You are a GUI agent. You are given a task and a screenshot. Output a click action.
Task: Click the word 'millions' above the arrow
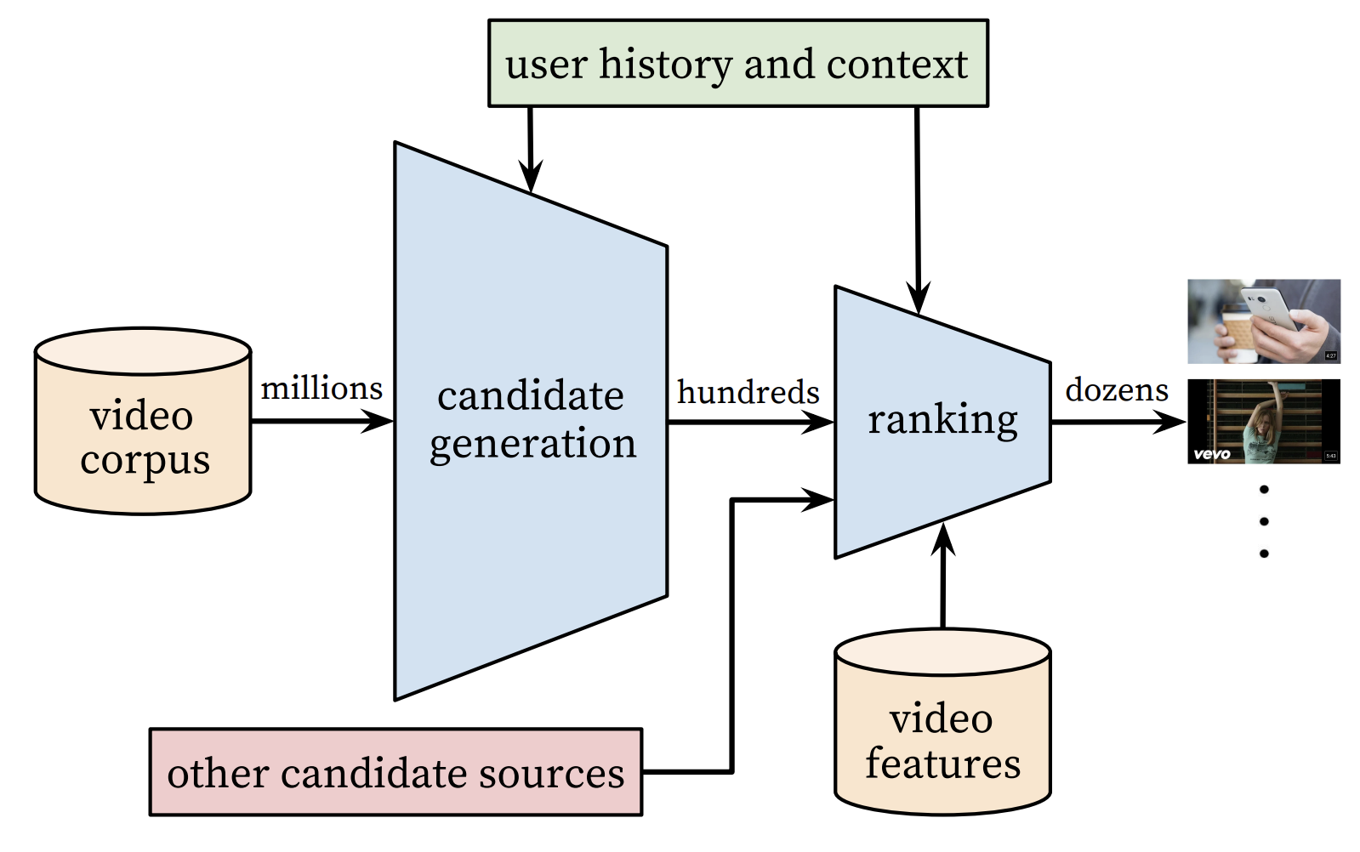pyautogui.click(x=322, y=389)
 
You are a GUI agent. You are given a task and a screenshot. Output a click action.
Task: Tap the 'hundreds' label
pyautogui.click(x=748, y=392)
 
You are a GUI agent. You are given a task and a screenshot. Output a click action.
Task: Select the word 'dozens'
pyautogui.click(x=1117, y=389)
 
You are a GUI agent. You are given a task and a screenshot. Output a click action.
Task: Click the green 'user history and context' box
pyautogui.click(x=738, y=63)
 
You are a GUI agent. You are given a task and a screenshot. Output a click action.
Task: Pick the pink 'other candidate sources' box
pyautogui.click(x=395, y=772)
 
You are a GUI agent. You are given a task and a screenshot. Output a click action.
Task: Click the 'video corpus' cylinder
pyautogui.click(x=143, y=421)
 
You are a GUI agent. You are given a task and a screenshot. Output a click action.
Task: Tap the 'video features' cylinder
pyautogui.click(x=943, y=722)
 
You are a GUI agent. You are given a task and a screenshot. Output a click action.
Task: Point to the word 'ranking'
pyautogui.click(x=943, y=420)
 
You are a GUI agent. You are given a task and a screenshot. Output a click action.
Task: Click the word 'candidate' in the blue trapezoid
pyautogui.click(x=531, y=395)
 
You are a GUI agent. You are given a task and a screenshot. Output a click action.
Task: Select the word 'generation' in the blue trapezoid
pyautogui.click(x=533, y=444)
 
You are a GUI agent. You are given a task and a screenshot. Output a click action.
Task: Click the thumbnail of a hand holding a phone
pyautogui.click(x=1264, y=321)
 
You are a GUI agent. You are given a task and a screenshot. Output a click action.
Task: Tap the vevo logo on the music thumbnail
pyautogui.click(x=1212, y=454)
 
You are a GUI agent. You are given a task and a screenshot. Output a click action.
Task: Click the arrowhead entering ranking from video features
pyautogui.click(x=943, y=539)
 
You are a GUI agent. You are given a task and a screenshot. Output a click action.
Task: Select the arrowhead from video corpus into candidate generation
pyautogui.click(x=378, y=421)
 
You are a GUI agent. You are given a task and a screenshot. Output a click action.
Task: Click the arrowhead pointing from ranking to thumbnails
pyautogui.click(x=1169, y=422)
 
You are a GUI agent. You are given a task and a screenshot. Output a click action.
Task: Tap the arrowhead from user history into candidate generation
pyautogui.click(x=531, y=176)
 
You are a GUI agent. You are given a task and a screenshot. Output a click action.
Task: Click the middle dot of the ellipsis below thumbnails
pyautogui.click(x=1264, y=521)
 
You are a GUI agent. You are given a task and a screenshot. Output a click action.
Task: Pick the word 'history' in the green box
pyautogui.click(x=665, y=65)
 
